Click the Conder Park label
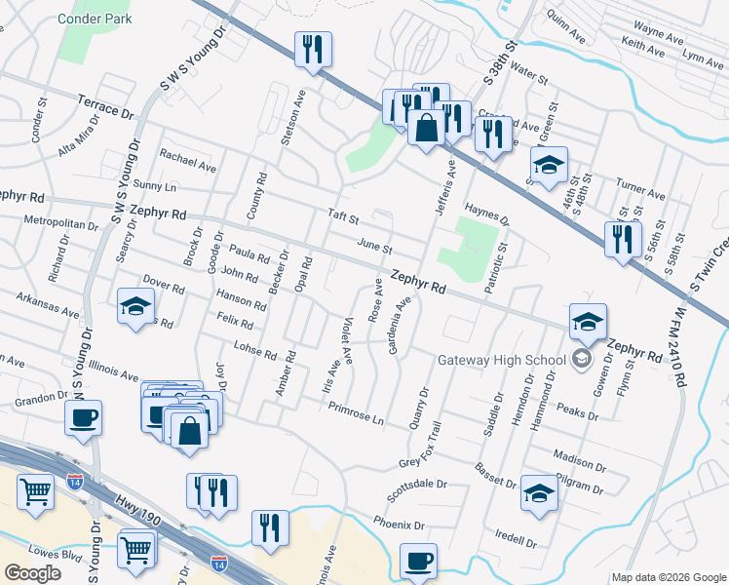95,19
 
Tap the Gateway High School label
502,360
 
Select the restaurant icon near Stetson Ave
313,48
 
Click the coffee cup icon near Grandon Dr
83,418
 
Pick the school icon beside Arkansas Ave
135,306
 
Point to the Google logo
32,573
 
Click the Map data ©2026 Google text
668,577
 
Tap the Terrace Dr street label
104,106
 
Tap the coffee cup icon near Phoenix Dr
418,562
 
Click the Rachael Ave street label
187,161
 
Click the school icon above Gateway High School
588,321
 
